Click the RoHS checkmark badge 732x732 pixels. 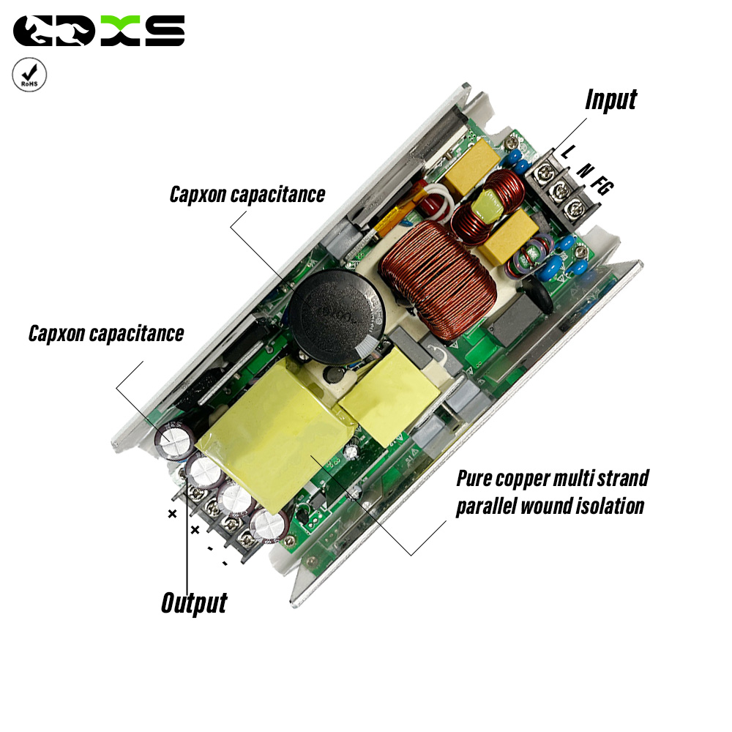(x=29, y=75)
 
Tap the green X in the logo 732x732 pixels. (x=121, y=31)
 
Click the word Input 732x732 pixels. (x=611, y=100)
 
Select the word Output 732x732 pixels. (x=194, y=602)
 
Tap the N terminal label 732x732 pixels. (x=584, y=171)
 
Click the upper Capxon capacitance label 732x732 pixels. (x=247, y=195)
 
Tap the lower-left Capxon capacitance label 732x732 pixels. (x=106, y=334)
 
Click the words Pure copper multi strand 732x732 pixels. (x=552, y=479)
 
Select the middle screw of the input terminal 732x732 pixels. (x=560, y=190)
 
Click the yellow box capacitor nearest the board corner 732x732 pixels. (x=472, y=165)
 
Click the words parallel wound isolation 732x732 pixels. (x=550, y=506)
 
